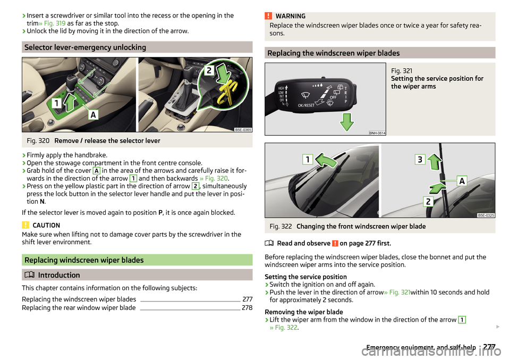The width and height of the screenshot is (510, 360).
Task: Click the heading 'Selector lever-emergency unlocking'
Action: [85, 47]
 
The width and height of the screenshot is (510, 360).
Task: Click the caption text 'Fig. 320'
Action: [38, 140]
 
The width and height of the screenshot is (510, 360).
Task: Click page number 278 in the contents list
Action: [247, 308]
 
